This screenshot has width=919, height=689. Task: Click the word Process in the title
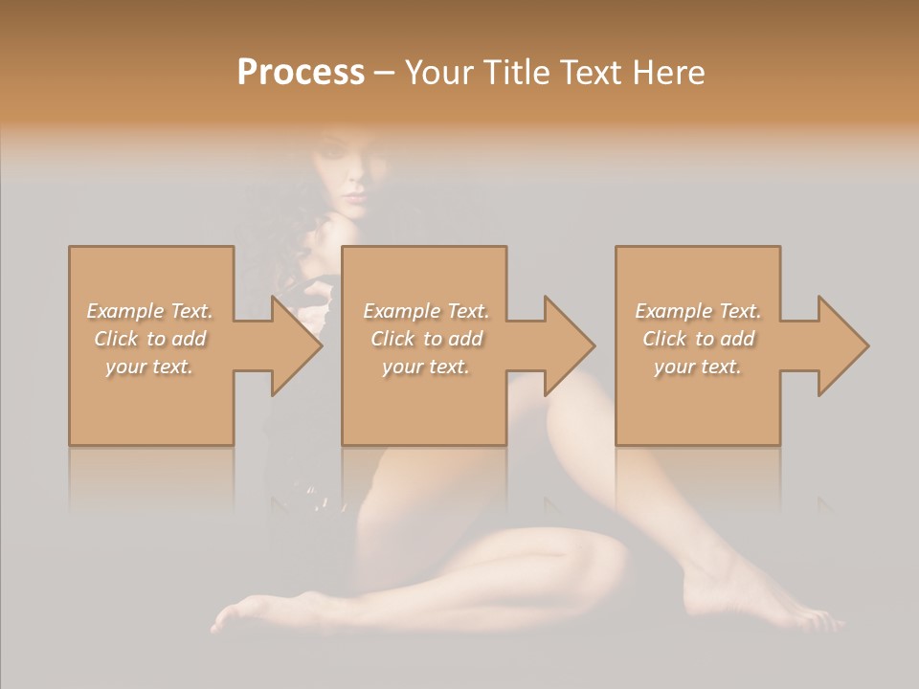point(301,73)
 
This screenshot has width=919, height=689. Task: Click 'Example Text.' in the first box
point(149,311)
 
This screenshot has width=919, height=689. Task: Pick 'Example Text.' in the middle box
point(426,311)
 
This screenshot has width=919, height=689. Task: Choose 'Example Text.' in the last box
point(698,311)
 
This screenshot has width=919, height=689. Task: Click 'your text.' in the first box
point(149,367)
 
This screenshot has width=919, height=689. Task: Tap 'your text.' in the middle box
point(426,367)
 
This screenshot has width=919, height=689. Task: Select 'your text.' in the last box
point(698,367)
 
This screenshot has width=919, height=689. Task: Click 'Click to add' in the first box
point(149,339)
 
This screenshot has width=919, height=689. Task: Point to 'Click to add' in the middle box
point(426,339)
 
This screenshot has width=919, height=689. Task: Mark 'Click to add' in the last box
point(698,339)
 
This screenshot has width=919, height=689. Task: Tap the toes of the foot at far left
point(225,617)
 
